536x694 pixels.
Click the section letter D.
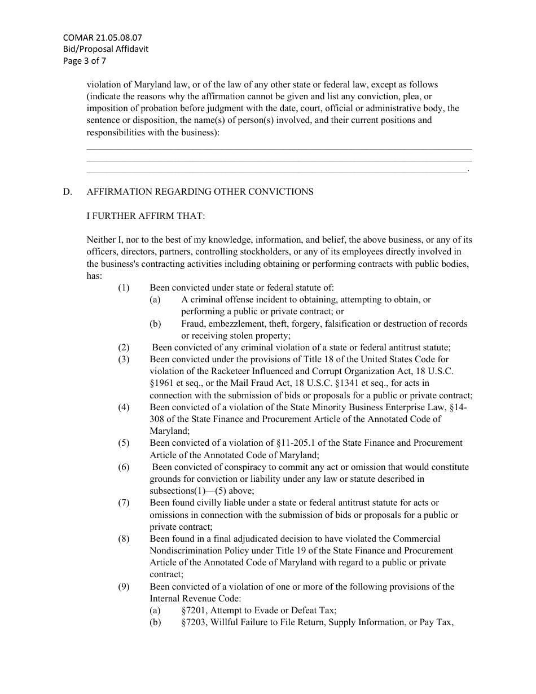coord(68,192)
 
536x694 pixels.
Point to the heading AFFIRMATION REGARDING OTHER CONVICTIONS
coord(200,192)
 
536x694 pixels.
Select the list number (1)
coord(124,288)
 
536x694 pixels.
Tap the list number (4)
coord(124,407)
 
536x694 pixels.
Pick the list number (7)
coord(124,503)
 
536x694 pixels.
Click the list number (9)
coord(124,587)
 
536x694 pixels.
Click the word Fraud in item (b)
coord(193,324)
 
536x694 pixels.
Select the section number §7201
coord(194,610)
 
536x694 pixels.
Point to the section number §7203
coord(194,622)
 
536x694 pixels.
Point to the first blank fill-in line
coord(279,148)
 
